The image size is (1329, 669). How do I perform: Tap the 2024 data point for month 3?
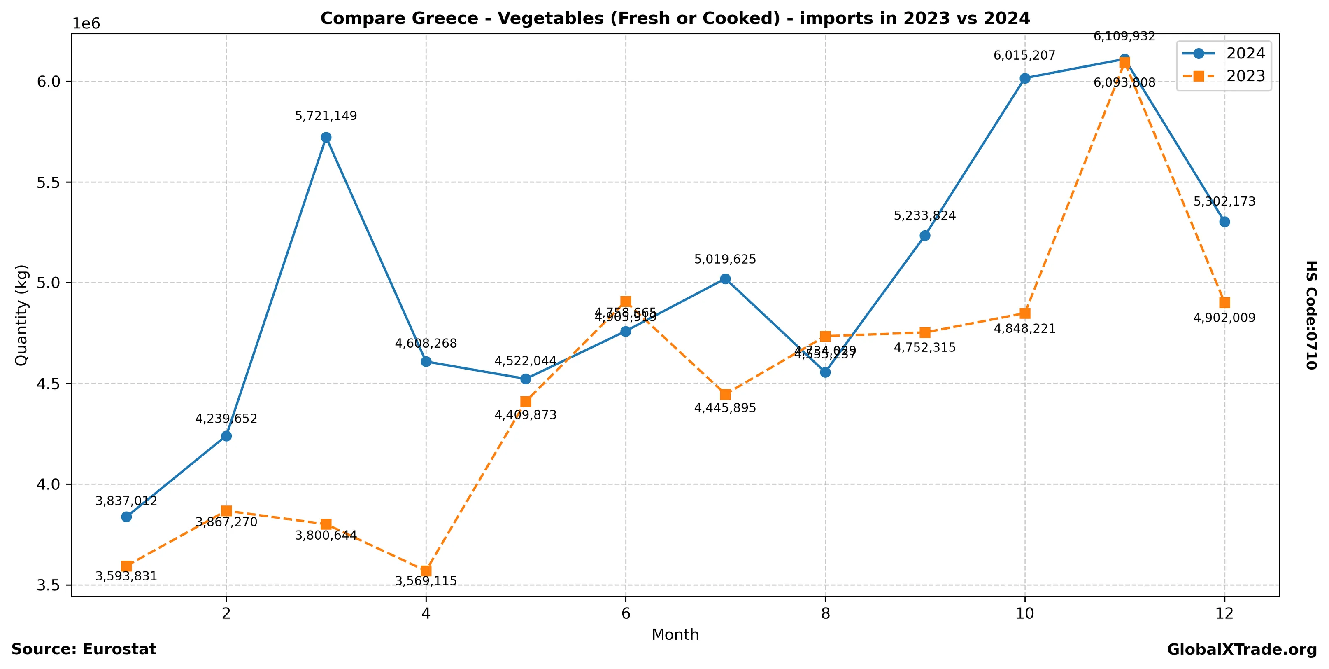click(x=326, y=137)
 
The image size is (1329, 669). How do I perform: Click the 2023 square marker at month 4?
click(x=426, y=571)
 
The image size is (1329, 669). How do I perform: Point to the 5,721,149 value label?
click(x=326, y=116)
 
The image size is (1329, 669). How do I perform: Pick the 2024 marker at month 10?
click(x=1024, y=78)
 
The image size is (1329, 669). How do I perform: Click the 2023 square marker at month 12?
click(x=1224, y=302)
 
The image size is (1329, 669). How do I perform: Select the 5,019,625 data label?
click(x=725, y=260)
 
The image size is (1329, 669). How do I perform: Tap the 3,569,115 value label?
click(x=426, y=582)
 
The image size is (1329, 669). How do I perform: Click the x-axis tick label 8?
click(x=825, y=614)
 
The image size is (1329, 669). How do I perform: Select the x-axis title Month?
click(x=675, y=635)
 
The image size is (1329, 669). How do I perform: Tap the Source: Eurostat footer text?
click(x=84, y=649)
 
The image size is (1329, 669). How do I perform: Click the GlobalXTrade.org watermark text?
click(x=1242, y=650)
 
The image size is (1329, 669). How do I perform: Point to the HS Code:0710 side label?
click(x=1311, y=315)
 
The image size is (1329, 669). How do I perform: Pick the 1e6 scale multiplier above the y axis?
click(x=86, y=24)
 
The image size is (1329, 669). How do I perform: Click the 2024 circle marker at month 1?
click(x=126, y=517)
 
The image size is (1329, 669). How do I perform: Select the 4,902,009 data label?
click(x=1224, y=318)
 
